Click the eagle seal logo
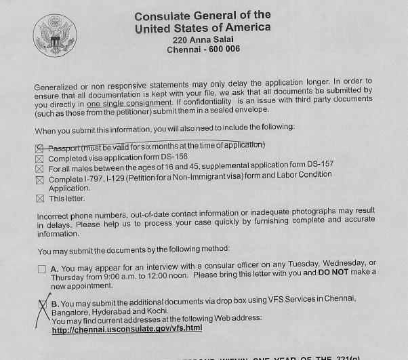pos(55,36)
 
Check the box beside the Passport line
pos(39,147)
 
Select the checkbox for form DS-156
pos(39,159)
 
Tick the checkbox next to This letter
pos(39,199)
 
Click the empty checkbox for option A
pos(42,268)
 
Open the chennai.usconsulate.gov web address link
pos(127,329)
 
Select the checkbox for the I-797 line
pos(39,180)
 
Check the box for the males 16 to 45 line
pos(39,169)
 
